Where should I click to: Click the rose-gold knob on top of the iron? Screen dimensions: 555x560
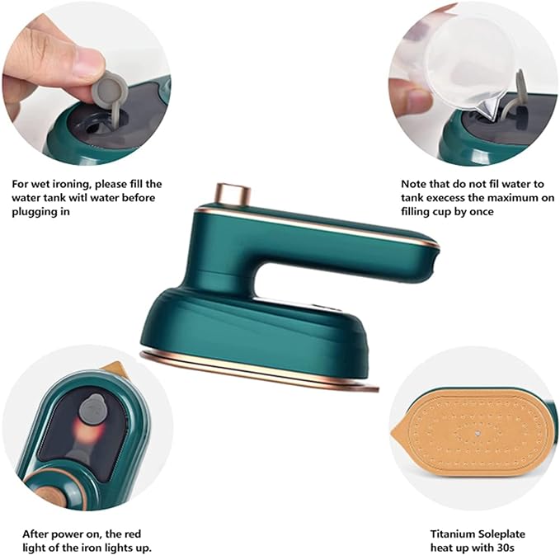[x=233, y=195]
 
